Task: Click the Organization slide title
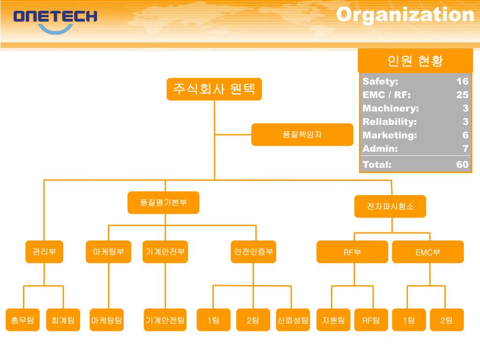click(x=405, y=15)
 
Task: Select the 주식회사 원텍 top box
click(x=214, y=89)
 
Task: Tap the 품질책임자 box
click(x=302, y=135)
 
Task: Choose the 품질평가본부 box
click(x=163, y=202)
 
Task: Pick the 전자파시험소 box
click(x=390, y=206)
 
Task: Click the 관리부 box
click(x=44, y=252)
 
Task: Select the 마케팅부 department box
click(x=108, y=252)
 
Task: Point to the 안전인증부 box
click(x=253, y=252)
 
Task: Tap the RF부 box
click(x=352, y=252)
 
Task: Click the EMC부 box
click(x=427, y=252)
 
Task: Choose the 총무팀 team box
click(x=23, y=320)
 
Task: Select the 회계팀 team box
click(x=63, y=320)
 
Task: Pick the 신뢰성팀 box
click(x=293, y=320)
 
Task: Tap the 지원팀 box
click(x=333, y=320)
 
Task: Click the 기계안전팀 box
click(x=165, y=320)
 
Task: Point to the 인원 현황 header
click(x=415, y=60)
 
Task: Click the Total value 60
click(x=462, y=165)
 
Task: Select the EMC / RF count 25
click(x=462, y=95)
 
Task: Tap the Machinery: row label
click(x=390, y=108)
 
